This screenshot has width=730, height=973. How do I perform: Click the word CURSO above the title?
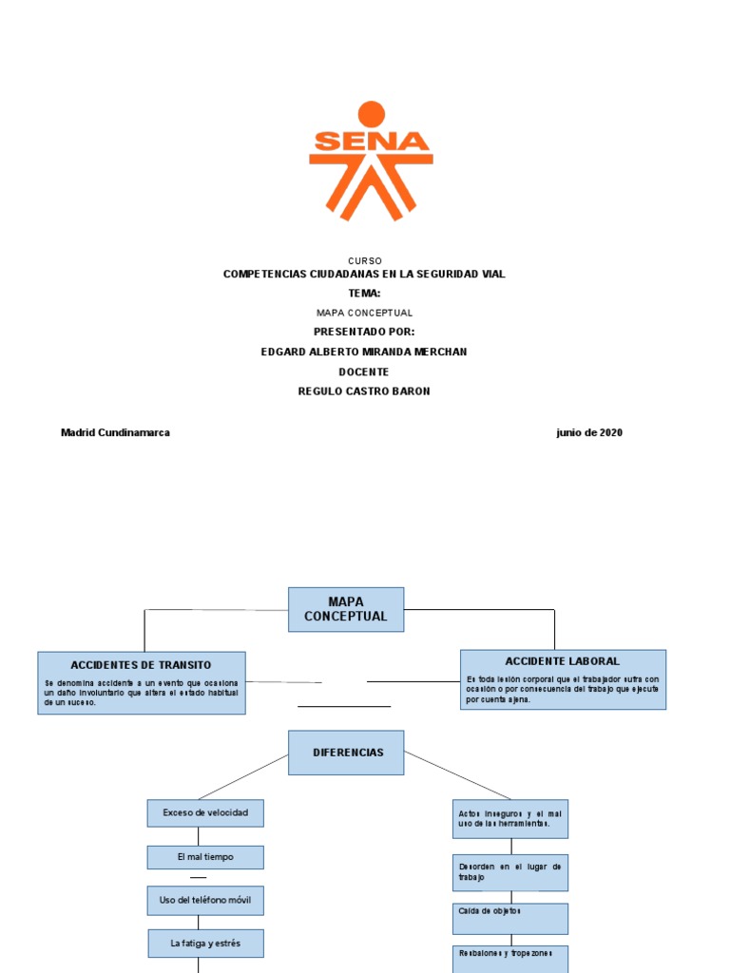coord(365,260)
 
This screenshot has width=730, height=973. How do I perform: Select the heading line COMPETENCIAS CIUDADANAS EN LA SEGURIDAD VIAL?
coord(364,274)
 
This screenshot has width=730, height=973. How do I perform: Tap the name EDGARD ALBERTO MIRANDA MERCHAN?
coord(364,352)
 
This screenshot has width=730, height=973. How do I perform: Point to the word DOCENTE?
coord(364,372)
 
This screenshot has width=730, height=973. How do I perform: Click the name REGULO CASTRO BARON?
coord(364,391)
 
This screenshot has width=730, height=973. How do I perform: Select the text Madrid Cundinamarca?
coord(115,432)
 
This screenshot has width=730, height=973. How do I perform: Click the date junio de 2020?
coord(589,432)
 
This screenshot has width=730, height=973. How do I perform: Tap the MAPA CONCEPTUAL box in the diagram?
coord(346,609)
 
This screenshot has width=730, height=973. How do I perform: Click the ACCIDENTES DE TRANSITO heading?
coord(141,665)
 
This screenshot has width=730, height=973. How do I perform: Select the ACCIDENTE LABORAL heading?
coord(562,660)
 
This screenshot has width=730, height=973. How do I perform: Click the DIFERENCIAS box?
coord(346,753)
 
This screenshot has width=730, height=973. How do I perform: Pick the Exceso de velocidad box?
coord(205,813)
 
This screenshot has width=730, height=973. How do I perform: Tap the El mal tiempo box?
coord(205,857)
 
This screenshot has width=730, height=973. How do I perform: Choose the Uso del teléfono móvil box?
coord(205,900)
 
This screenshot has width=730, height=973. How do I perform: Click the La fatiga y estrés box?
coord(205,944)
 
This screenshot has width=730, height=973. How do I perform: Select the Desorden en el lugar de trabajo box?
coord(510,872)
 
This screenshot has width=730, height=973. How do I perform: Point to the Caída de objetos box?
coord(510,918)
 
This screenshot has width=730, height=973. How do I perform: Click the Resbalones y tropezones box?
coord(510,958)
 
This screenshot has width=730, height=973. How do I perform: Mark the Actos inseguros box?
coord(510,818)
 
